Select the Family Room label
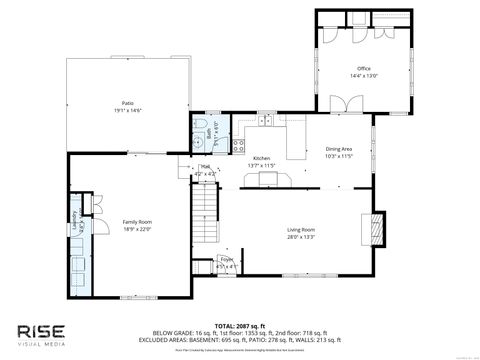click(136, 221)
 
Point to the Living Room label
click(301, 230)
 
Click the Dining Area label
click(339, 150)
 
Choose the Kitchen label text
click(262, 158)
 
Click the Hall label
click(206, 167)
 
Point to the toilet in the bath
click(199, 141)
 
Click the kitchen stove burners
click(272, 180)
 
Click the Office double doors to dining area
click(343, 104)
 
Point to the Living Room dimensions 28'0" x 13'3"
click(301, 237)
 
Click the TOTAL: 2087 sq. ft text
click(239, 325)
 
